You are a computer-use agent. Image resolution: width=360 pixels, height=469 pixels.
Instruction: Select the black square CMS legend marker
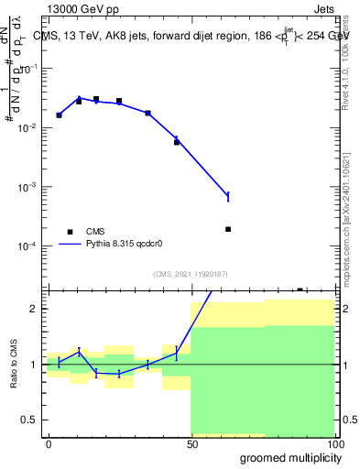(x=70, y=232)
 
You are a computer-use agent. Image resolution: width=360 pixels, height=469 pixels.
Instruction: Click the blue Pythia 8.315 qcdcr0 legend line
(x=71, y=245)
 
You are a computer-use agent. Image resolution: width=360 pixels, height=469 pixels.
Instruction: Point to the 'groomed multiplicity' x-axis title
(x=287, y=457)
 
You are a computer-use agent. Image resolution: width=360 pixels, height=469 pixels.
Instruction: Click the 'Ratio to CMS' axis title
(x=15, y=364)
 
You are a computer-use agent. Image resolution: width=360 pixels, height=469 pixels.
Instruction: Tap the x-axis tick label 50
(x=191, y=443)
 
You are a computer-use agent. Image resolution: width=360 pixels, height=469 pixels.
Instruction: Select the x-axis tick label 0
(x=49, y=443)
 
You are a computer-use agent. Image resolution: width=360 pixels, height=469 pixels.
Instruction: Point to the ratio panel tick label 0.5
(x=30, y=420)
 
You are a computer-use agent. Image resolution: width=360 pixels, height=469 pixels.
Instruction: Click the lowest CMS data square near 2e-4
(x=227, y=229)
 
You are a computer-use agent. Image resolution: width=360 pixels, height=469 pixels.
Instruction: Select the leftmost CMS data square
(x=59, y=115)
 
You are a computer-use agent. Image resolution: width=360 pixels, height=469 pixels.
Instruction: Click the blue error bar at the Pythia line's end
(x=227, y=196)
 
